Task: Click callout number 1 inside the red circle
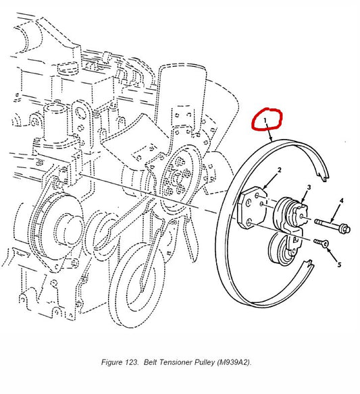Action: coord(265,121)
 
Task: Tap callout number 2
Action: coord(279,170)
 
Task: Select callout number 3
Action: coord(309,187)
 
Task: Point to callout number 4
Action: coord(341,200)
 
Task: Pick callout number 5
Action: coord(339,264)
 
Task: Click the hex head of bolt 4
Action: coord(344,229)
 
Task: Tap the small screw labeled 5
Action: coord(322,243)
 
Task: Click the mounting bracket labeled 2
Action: coord(252,208)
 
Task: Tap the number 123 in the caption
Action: coord(132,362)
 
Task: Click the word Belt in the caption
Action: coord(151,362)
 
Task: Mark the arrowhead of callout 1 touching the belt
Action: coord(272,140)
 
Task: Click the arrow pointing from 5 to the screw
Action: coord(332,254)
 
